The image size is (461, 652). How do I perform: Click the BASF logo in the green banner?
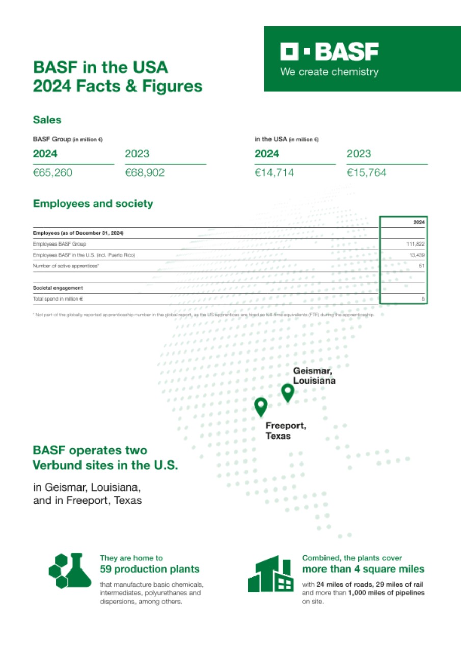point(329,52)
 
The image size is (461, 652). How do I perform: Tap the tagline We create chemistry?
point(329,72)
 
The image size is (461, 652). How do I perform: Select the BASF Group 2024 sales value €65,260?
point(53,173)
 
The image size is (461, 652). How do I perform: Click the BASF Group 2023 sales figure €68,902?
point(145,173)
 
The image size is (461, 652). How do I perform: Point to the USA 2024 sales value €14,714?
point(274,173)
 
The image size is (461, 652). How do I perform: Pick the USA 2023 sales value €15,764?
point(366,173)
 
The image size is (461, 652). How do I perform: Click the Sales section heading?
point(47,120)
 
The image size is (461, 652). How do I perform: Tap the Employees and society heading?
point(93,204)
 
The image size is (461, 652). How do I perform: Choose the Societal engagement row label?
point(58,288)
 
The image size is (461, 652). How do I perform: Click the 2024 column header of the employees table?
point(419,222)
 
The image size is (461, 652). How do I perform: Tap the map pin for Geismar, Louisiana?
point(288,392)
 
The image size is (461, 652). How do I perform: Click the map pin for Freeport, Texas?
point(261,406)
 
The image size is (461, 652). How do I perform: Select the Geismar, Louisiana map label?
point(314,376)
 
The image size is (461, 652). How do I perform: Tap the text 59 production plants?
point(149,569)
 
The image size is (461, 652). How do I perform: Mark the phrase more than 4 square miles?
point(363,569)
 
